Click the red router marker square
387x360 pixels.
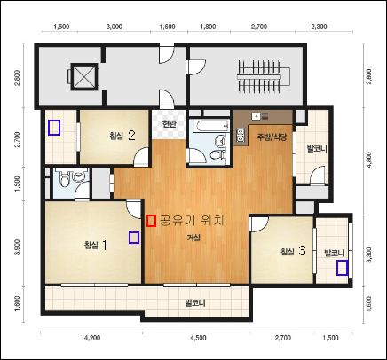[x=151, y=221]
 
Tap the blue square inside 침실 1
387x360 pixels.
[x=134, y=238]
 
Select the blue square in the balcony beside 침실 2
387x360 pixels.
[x=54, y=128]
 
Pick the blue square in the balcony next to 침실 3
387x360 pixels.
[x=343, y=268]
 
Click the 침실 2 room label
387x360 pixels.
[x=122, y=136]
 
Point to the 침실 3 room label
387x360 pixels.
[x=293, y=251]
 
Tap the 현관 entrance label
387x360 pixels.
[x=170, y=124]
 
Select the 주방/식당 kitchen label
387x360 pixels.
[x=272, y=137]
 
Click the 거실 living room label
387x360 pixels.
[x=193, y=238]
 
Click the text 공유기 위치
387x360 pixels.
[x=192, y=221]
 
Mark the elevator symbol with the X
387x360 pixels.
[x=83, y=76]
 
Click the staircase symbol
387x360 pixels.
[x=264, y=77]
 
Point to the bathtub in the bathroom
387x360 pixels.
[x=211, y=126]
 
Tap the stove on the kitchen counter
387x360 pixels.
[x=241, y=135]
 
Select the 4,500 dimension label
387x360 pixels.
[x=199, y=338]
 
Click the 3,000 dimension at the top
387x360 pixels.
[x=115, y=27]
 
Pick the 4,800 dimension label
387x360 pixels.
[x=369, y=160]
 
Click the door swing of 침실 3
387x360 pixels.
[x=259, y=224]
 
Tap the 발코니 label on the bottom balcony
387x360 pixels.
[x=195, y=302]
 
